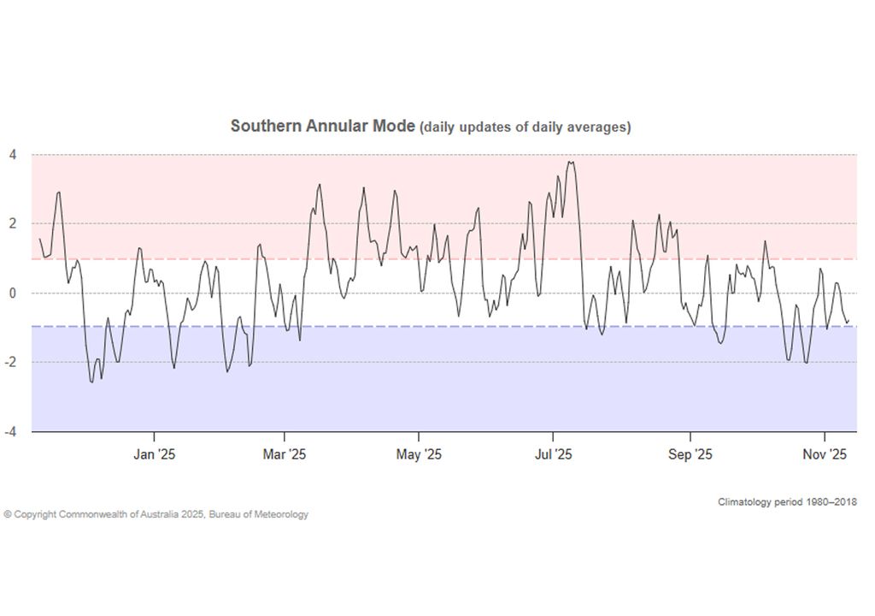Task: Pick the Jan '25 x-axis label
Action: (x=154, y=455)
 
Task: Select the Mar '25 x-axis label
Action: (x=285, y=455)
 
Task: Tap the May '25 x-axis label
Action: (x=419, y=455)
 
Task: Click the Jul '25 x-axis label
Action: (x=553, y=455)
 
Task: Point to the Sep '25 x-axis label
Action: (x=690, y=455)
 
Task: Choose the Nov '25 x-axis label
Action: (x=825, y=455)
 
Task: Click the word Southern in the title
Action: (x=262, y=127)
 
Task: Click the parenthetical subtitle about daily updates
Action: (x=525, y=127)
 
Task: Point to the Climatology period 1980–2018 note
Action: (x=787, y=501)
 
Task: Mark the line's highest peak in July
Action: (x=570, y=161)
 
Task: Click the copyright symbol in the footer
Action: (x=7, y=514)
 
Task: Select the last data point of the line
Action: (x=849, y=322)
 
